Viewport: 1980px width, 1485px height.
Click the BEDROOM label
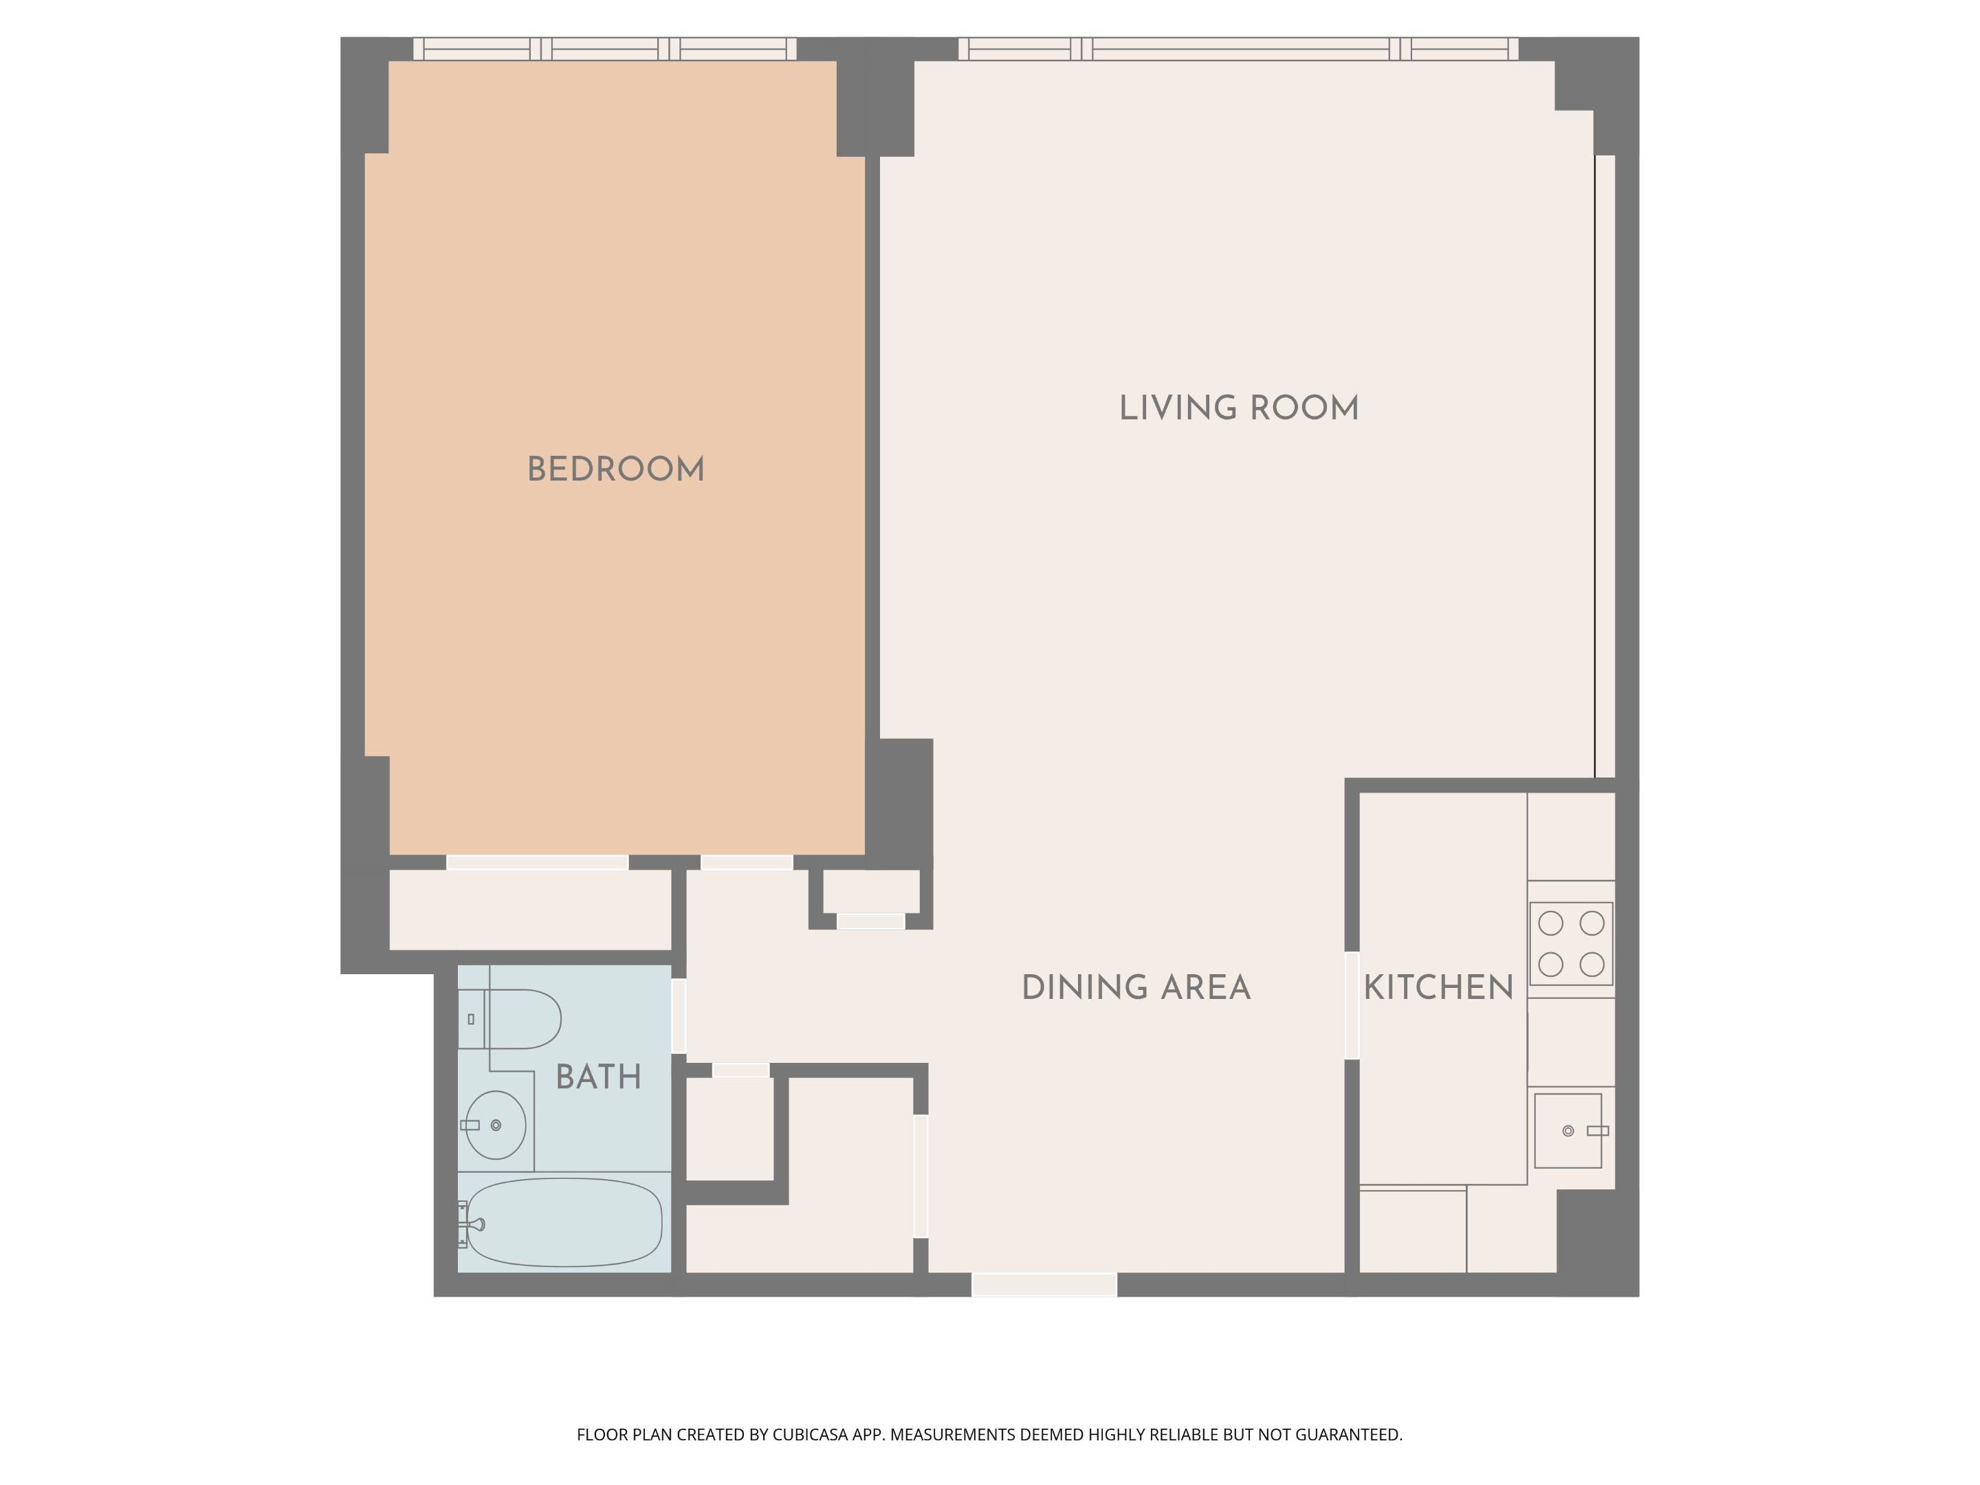coord(616,470)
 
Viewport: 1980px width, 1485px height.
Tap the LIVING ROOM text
coord(1239,408)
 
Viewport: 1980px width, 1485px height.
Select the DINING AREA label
coord(1136,988)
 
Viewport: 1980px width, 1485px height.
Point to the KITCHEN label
coord(1438,988)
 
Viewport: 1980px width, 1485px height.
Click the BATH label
coord(599,1077)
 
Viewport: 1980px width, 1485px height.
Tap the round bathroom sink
coord(496,1125)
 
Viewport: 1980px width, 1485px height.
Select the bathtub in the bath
coord(564,1222)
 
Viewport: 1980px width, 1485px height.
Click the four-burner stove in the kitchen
coord(1571,943)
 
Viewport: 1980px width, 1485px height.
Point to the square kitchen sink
coord(1567,1130)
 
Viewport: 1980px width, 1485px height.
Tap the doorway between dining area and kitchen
coord(1352,1004)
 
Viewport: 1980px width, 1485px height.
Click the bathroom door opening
coord(679,1016)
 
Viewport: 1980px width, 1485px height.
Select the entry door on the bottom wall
coord(1044,1284)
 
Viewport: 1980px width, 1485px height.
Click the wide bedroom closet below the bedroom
coord(530,910)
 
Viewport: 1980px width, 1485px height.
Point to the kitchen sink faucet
coord(1597,1130)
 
